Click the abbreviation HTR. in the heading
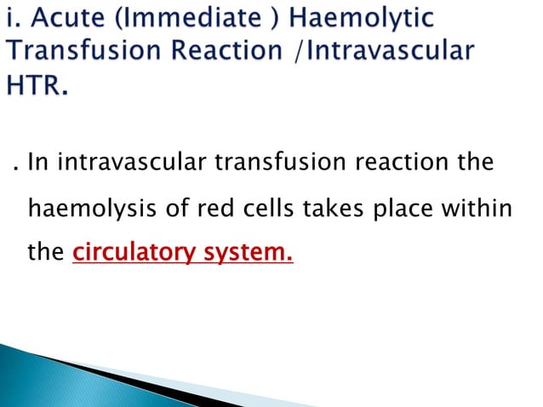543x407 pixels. pyautogui.click(x=37, y=85)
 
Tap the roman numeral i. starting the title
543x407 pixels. pyautogui.click(x=12, y=19)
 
